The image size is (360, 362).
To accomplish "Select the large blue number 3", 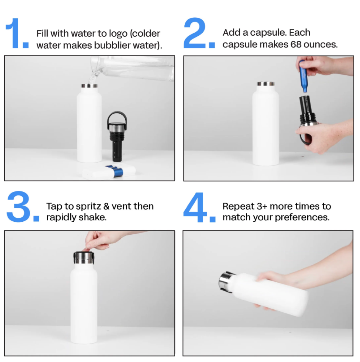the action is [18, 206].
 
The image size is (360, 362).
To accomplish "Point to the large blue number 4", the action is [195, 207].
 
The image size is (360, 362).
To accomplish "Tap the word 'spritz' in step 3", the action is [89, 207].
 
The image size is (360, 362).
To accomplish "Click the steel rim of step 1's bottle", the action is [89, 86].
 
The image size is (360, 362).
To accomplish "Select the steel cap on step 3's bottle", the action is [84, 258].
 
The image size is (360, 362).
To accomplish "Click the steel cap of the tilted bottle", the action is [225, 282].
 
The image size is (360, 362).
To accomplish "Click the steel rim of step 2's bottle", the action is [266, 84].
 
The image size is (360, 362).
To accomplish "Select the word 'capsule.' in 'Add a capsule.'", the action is [268, 33].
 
